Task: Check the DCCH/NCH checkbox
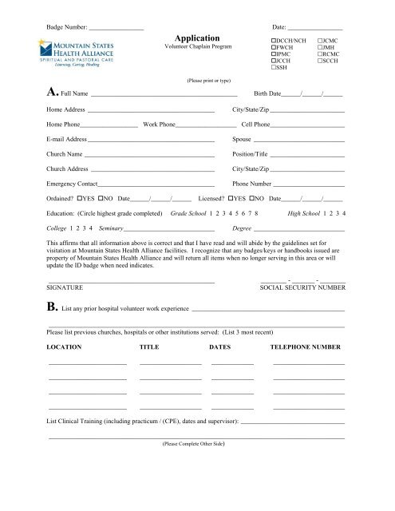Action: [x=274, y=39]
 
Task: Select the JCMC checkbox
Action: [x=320, y=39]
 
